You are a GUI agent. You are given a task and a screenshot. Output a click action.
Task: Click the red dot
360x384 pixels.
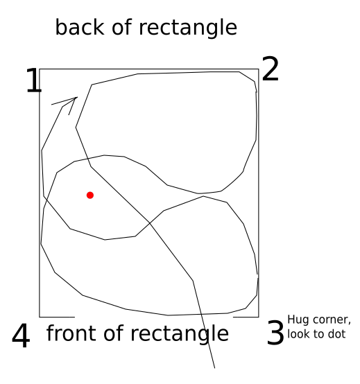point(90,195)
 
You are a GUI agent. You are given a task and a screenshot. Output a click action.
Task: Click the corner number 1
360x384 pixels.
point(34,80)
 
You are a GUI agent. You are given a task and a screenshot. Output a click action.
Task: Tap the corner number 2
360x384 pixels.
point(271,69)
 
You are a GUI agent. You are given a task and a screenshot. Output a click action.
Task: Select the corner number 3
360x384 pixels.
point(275,332)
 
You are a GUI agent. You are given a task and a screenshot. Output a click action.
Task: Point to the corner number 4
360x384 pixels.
point(21,335)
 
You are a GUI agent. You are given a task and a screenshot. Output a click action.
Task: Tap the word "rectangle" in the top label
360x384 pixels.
point(188,28)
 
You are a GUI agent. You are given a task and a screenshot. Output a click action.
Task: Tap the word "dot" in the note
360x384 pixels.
point(337,334)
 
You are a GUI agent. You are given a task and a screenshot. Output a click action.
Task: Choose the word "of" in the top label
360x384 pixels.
point(122,27)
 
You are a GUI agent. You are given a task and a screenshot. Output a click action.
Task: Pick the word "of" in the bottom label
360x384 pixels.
point(114,333)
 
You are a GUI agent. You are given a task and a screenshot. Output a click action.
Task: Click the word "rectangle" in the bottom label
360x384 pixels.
point(180,334)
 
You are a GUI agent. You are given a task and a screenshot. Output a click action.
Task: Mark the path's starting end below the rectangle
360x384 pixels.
point(214,368)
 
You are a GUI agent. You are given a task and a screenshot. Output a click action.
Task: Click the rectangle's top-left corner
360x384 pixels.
point(40,69)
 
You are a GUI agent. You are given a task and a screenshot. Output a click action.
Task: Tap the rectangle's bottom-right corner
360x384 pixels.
point(259,317)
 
